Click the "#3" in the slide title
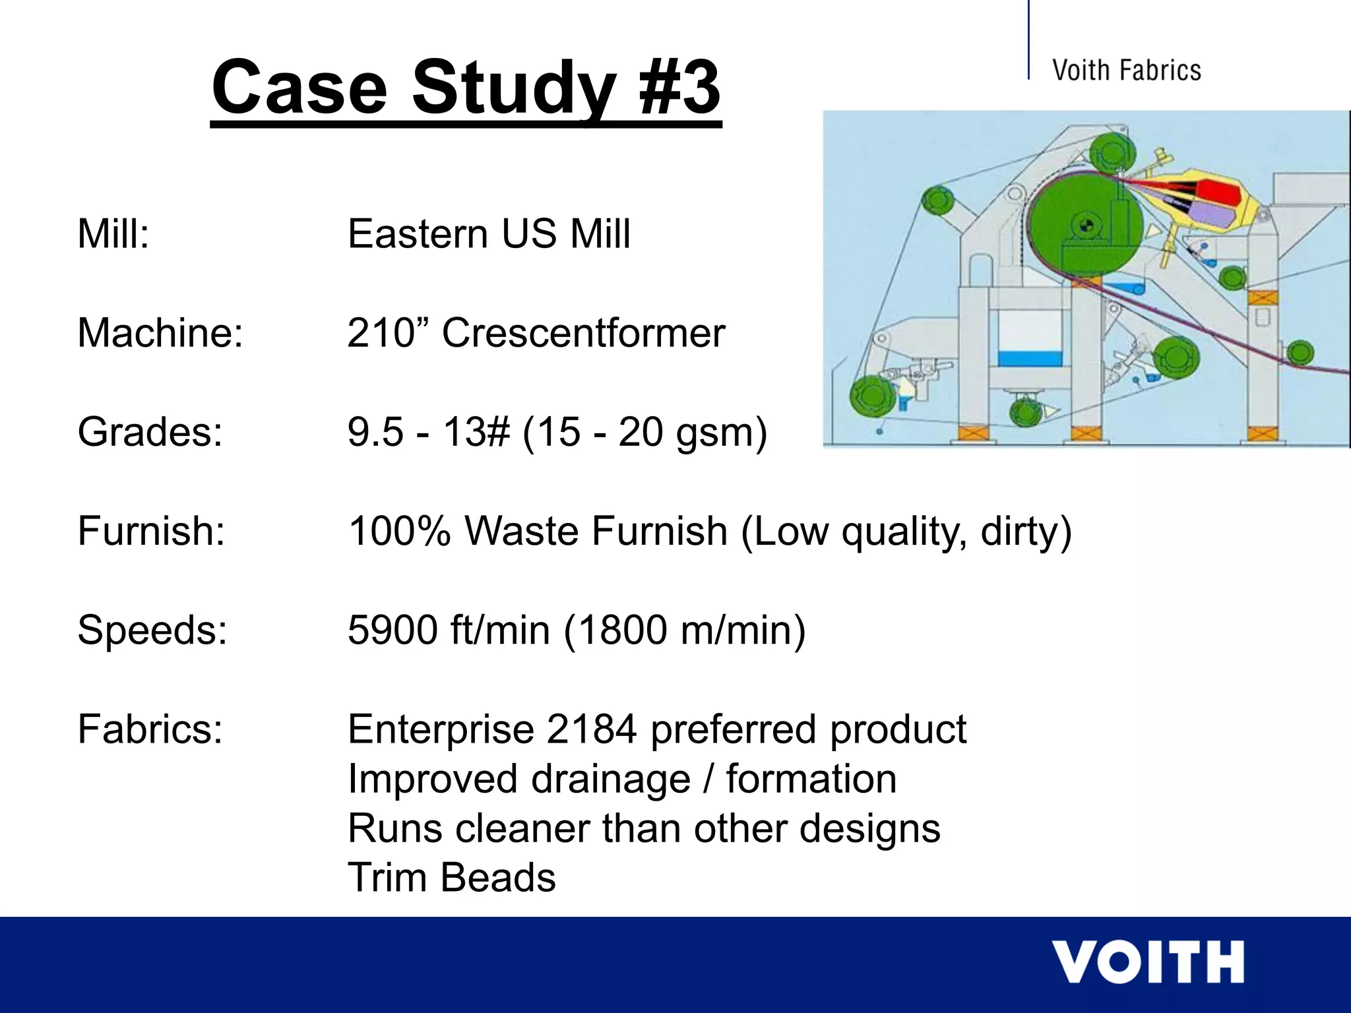coord(679,87)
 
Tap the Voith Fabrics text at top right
coord(1126,70)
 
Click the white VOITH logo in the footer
coord(1147,962)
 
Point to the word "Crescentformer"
coord(583,332)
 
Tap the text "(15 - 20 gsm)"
coord(644,432)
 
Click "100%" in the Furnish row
coord(399,531)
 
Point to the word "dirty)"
coord(1026,531)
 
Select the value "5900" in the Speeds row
coord(393,630)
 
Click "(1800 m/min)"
coord(684,630)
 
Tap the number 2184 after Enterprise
coord(591,729)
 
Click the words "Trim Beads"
coord(451,878)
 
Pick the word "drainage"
coord(610,779)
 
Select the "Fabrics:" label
coord(150,729)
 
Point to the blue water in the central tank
coord(1029,359)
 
